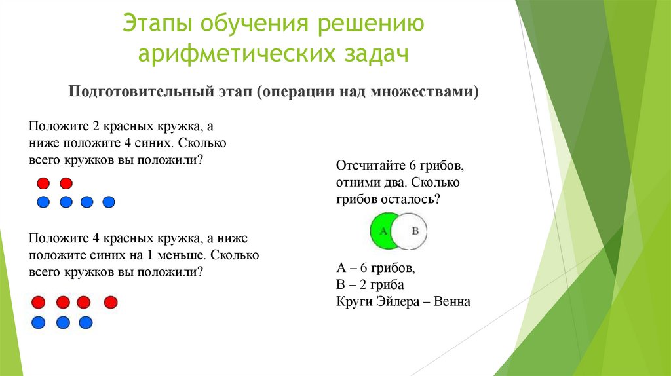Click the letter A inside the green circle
(383, 231)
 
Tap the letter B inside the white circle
(414, 231)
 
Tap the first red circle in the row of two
(43, 183)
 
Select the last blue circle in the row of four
(109, 202)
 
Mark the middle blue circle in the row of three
(63, 322)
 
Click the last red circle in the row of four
(111, 302)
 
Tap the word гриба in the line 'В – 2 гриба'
(389, 285)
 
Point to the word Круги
(354, 302)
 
